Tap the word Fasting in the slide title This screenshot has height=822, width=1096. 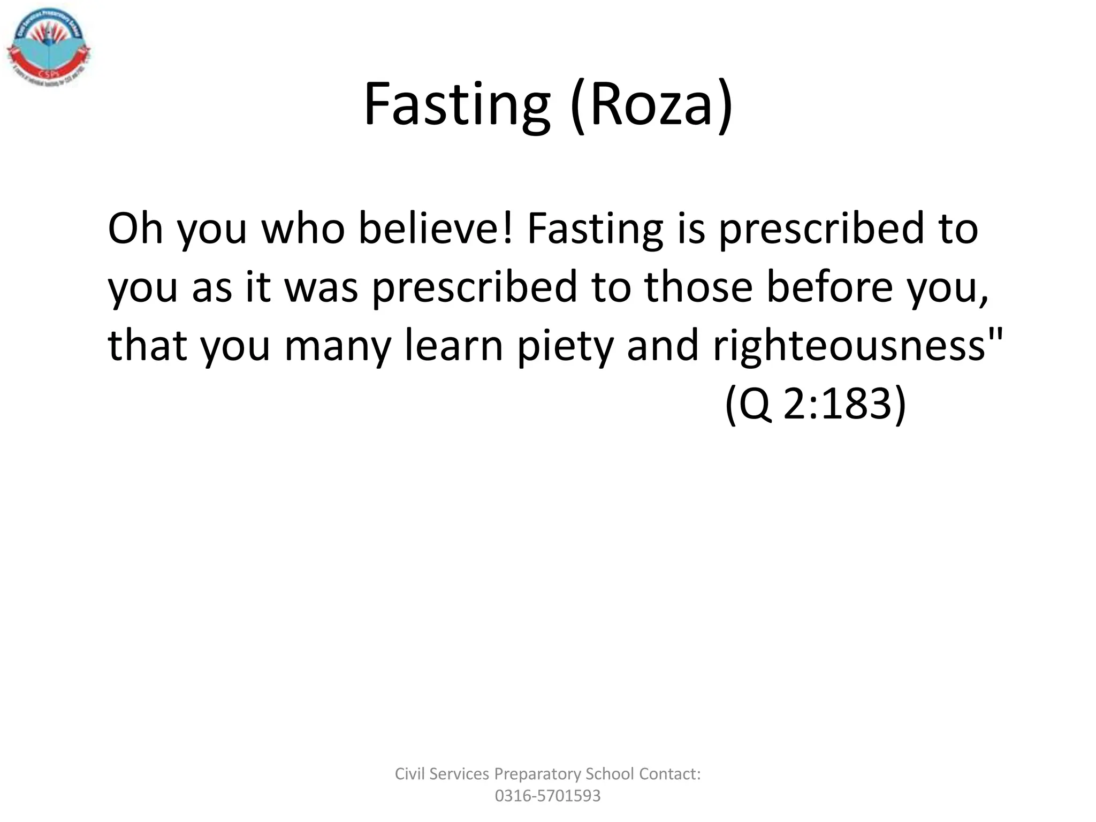[x=456, y=104]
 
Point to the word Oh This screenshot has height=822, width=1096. [x=135, y=229]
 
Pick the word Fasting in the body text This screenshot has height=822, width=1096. [x=595, y=229]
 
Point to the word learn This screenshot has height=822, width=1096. [x=454, y=346]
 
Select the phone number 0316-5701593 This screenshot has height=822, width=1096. [x=547, y=796]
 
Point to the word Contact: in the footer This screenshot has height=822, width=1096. [x=669, y=774]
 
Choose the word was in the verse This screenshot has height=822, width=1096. [x=321, y=287]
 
